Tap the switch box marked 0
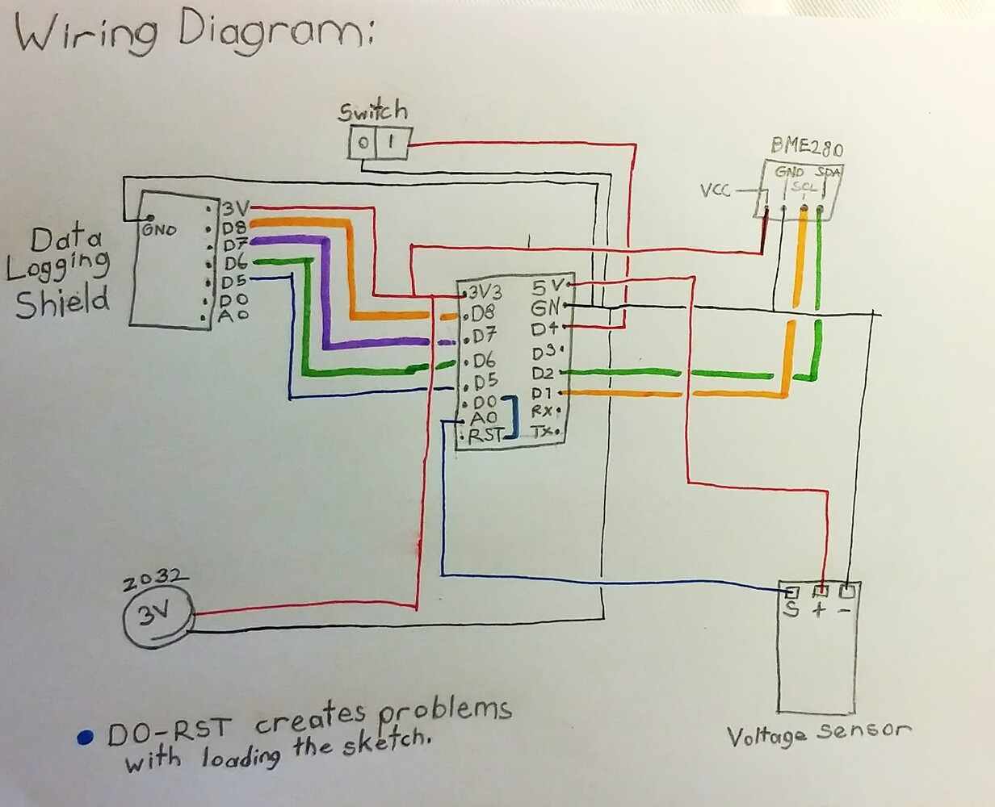(x=363, y=144)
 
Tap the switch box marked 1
(x=391, y=144)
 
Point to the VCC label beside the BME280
(x=715, y=190)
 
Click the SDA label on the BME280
(x=827, y=172)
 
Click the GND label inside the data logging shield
(x=159, y=228)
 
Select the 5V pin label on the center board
(x=548, y=286)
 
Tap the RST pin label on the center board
(x=485, y=435)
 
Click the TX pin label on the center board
(x=543, y=432)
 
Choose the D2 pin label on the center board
(x=543, y=373)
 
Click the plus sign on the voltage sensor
(x=819, y=609)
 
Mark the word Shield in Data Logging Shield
(x=63, y=302)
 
